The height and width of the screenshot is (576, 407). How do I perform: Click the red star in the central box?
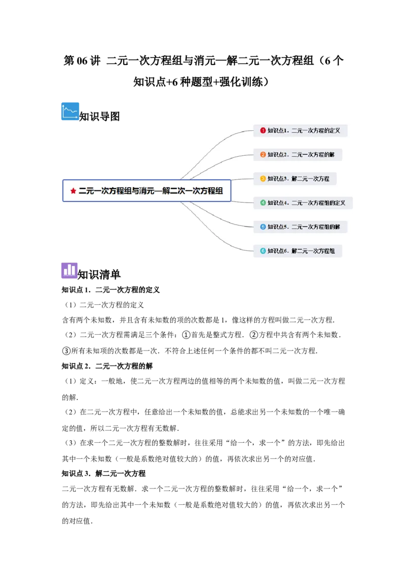pos(73,191)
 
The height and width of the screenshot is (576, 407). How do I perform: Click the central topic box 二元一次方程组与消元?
pos(147,190)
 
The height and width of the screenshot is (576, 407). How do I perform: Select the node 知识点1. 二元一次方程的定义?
pos(300,131)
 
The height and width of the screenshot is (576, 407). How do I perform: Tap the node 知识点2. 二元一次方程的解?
pos(298,155)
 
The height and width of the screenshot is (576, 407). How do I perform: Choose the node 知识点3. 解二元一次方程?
pos(295,179)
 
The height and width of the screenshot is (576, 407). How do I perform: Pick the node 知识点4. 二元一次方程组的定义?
pos(303,203)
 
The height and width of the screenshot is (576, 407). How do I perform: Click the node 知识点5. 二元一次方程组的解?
pos(300,226)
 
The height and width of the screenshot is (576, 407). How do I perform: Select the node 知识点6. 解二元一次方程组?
pos(298,251)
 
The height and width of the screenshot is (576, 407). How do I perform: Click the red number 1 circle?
pos(263,131)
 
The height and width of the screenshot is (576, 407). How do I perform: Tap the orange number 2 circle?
pos(263,155)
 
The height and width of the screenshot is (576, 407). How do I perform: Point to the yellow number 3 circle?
pos(263,179)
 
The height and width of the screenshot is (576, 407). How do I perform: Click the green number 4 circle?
pos(263,203)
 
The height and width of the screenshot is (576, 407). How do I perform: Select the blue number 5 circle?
pos(263,226)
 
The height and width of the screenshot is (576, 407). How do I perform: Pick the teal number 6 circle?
pos(263,251)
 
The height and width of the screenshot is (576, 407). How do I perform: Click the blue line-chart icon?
pos(70,111)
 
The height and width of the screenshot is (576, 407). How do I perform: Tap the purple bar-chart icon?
pos(70,270)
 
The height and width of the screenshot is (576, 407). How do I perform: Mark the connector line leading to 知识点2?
pos(219,160)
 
